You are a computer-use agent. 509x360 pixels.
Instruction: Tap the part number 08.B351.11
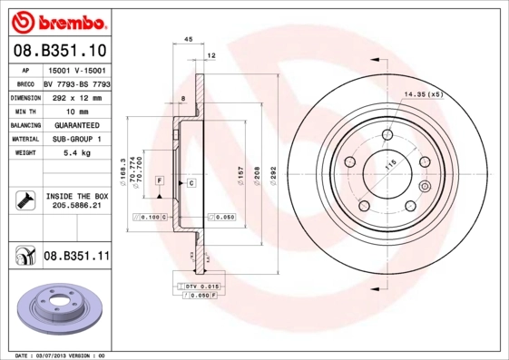point(76,257)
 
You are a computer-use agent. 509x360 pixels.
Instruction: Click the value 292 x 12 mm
point(76,96)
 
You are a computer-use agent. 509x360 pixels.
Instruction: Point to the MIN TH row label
point(26,111)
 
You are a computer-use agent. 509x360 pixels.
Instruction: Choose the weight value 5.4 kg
point(76,154)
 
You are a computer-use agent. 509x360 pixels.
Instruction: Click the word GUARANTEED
point(76,125)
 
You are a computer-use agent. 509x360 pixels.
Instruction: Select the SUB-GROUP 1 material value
point(76,140)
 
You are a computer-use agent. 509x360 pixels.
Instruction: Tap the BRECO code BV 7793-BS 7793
point(77,83)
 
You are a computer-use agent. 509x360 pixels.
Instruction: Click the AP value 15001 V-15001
point(76,69)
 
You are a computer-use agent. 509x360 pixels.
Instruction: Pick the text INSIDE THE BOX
point(77,196)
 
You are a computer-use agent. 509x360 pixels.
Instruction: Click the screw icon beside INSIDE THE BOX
point(25,199)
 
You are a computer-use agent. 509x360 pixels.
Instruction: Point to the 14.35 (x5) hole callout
point(422,94)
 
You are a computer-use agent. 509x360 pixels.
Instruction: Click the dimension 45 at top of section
point(189,41)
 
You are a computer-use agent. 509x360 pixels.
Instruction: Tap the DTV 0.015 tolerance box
point(198,286)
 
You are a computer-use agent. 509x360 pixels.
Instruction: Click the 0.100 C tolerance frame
point(151,217)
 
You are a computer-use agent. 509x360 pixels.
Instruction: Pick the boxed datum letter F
point(159,182)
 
